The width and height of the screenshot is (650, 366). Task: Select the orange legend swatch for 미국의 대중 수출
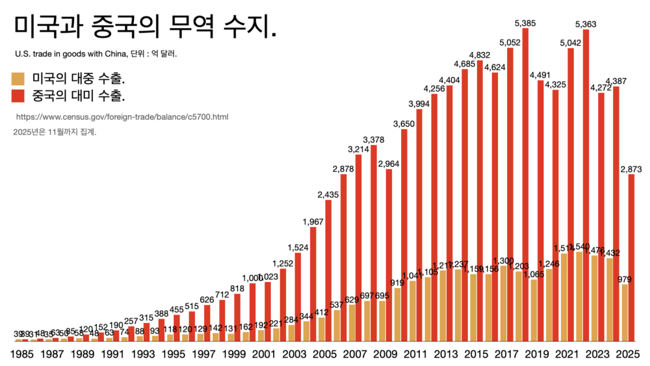coord(18,79)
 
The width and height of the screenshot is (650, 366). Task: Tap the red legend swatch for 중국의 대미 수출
coord(18,96)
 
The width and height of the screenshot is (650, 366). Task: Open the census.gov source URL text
coord(122,117)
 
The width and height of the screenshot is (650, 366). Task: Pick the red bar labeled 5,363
coord(586,186)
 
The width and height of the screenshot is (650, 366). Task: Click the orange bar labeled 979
coord(624,313)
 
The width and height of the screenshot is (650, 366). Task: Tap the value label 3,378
coord(373,140)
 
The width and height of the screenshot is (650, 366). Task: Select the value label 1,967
coord(313,222)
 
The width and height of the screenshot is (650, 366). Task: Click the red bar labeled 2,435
coord(328,270)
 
